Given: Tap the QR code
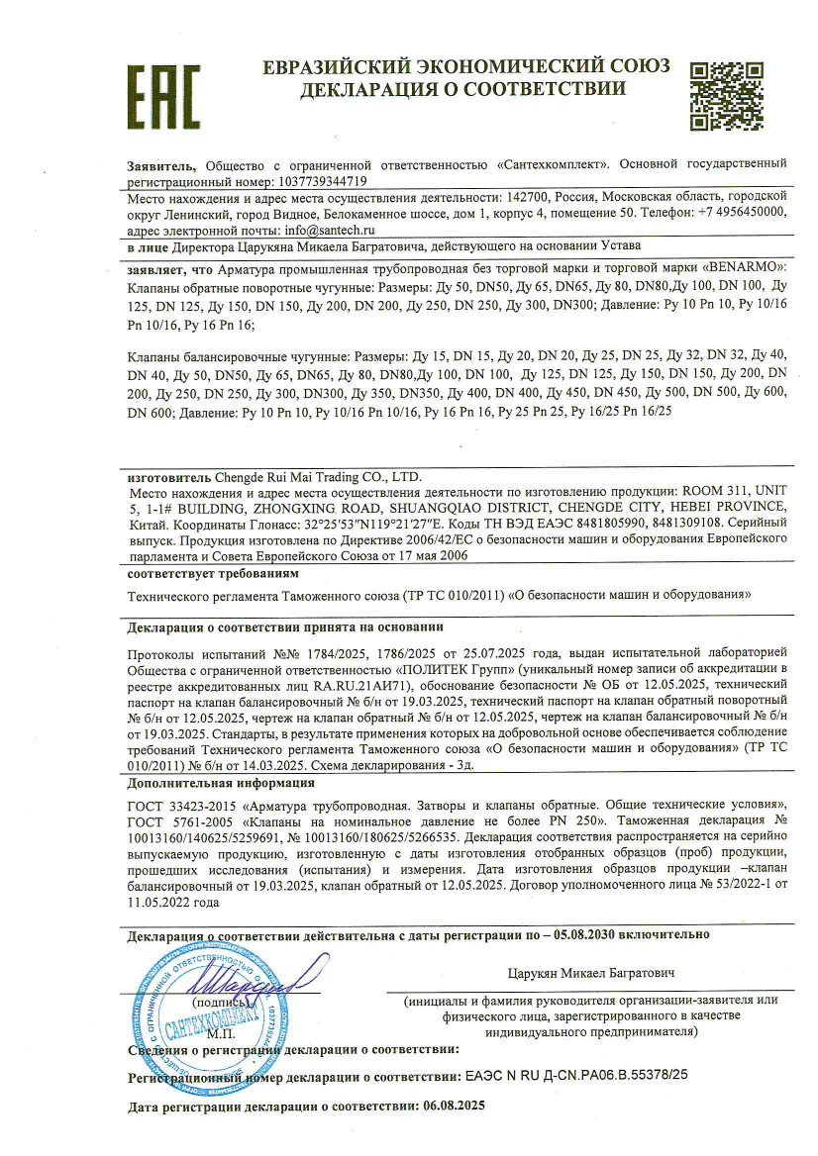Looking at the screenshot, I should tap(728, 96).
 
